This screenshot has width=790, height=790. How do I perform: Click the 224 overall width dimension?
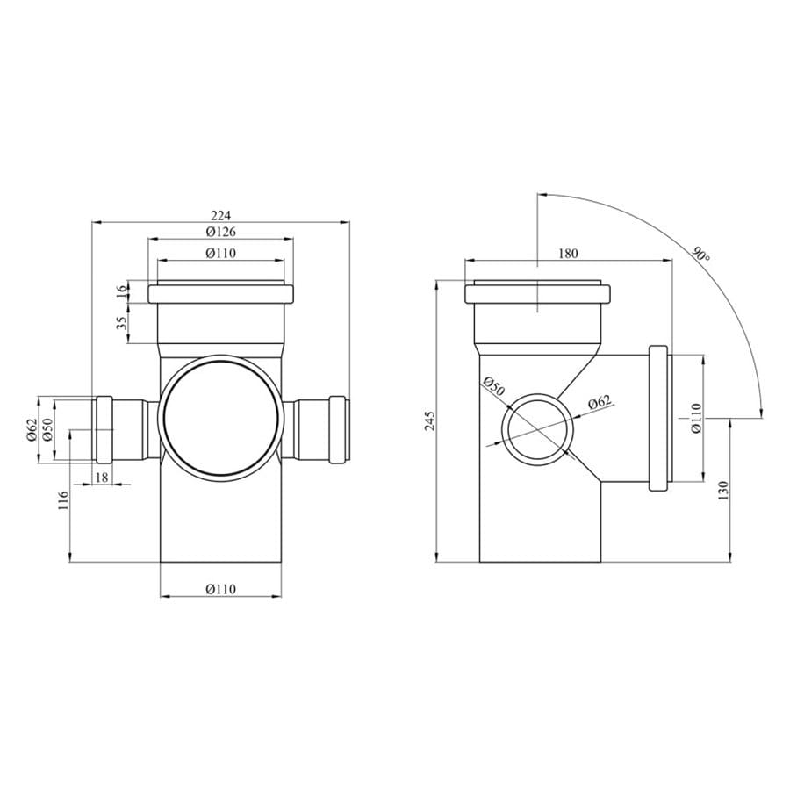pyautogui.click(x=220, y=216)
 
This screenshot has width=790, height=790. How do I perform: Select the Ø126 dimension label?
pyautogui.click(x=220, y=232)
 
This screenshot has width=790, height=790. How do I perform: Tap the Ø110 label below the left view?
pyautogui.click(x=220, y=588)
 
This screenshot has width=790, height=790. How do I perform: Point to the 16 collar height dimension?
pyautogui.click(x=122, y=292)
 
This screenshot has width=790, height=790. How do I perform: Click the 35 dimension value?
pyautogui.click(x=122, y=322)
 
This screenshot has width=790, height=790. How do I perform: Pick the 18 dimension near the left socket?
pyautogui.click(x=102, y=478)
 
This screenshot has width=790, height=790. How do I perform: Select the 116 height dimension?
pyautogui.click(x=63, y=501)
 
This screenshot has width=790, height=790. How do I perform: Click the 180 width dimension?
pyautogui.click(x=568, y=254)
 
